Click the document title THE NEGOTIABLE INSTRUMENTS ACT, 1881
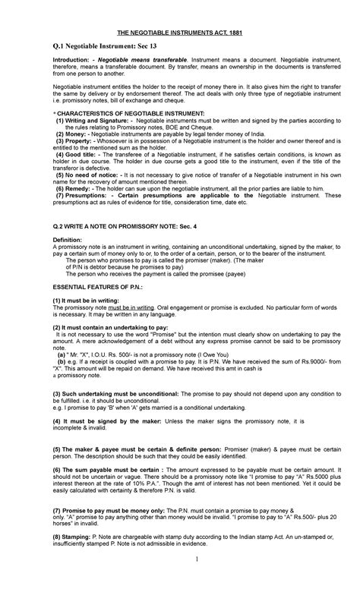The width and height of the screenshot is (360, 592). point(179,31)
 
